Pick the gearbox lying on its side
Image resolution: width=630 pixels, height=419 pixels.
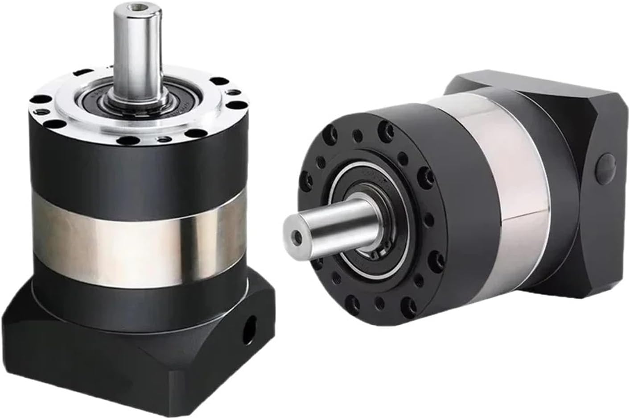click(446, 201)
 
